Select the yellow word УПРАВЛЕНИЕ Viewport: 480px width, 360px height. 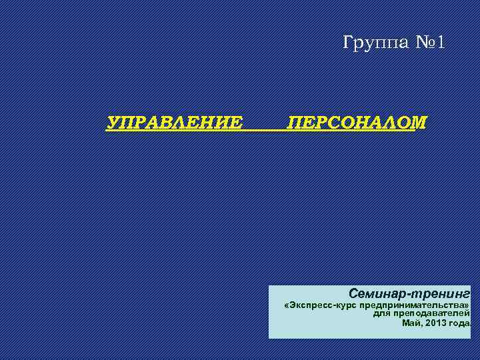[175, 123]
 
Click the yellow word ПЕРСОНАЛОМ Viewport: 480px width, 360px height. [357, 123]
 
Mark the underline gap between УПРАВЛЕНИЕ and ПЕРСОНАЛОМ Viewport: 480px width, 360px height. [265, 130]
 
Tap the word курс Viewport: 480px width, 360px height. [347, 305]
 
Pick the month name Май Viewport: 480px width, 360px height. [411, 323]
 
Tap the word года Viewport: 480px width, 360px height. [459, 323]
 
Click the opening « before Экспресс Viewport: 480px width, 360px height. [286, 305]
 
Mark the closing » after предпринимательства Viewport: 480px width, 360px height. [467, 305]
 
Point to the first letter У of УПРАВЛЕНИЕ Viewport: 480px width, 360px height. [114, 123]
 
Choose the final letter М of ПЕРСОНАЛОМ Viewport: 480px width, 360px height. [419, 123]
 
